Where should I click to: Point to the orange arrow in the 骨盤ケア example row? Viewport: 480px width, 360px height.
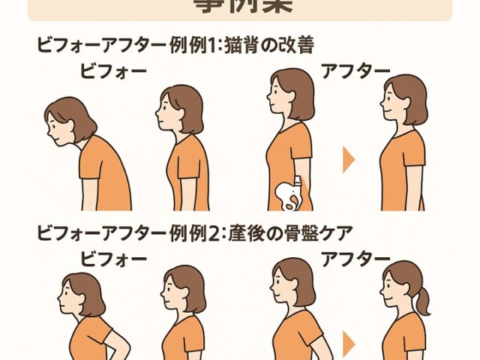(x=348, y=343)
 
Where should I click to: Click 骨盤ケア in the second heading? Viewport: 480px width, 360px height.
(x=313, y=232)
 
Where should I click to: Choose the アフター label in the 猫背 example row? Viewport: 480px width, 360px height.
(x=355, y=71)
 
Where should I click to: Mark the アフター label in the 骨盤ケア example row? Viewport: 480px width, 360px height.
(x=355, y=259)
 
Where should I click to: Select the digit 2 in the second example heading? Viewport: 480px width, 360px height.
(x=211, y=232)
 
